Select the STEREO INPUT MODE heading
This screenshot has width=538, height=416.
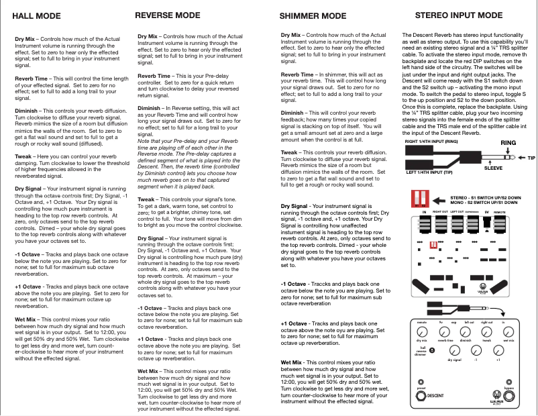pyautogui.click(x=459, y=15)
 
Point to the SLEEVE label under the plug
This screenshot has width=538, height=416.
pyautogui.click(x=493, y=170)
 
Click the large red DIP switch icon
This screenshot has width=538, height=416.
pyautogui.click(x=420, y=200)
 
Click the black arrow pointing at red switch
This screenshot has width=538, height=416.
pyautogui.click(x=439, y=201)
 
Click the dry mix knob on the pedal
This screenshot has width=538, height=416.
pyautogui.click(x=422, y=331)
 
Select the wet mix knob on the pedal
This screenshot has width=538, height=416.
pyautogui.click(x=508, y=331)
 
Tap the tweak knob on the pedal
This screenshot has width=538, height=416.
pyautogui.click(x=487, y=331)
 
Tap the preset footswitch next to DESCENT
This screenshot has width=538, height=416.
pyautogui.click(x=421, y=397)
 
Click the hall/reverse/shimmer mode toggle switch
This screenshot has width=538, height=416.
pyautogui.click(x=432, y=350)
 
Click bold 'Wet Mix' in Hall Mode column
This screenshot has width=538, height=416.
pyautogui.click(x=25, y=319)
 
